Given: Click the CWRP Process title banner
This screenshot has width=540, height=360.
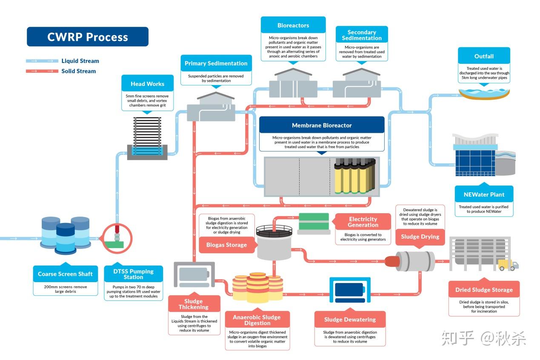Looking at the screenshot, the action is pyautogui.click(x=88, y=37).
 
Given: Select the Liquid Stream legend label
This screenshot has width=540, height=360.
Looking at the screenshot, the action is pyautogui.click(x=80, y=61).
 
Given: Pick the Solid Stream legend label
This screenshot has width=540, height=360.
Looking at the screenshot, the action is pyautogui.click(x=79, y=71).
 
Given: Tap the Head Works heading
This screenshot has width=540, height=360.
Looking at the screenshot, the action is pyautogui.click(x=148, y=84).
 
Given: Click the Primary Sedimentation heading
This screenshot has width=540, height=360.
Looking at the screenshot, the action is pyautogui.click(x=216, y=63).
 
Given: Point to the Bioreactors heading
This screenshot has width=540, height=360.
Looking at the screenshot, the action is pyautogui.click(x=293, y=25).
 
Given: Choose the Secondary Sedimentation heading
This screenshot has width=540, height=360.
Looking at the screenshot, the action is pyautogui.click(x=362, y=35).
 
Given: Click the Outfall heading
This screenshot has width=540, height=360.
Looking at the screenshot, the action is pyautogui.click(x=484, y=56).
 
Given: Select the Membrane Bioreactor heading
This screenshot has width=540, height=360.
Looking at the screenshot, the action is pyautogui.click(x=322, y=126).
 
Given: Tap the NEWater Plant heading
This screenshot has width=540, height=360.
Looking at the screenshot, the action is pyautogui.click(x=484, y=194).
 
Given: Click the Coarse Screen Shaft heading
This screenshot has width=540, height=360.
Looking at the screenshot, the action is pyautogui.click(x=66, y=274).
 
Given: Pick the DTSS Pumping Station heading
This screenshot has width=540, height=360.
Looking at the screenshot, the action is pyautogui.click(x=133, y=274).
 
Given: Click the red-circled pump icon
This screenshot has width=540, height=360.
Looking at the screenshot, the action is pyautogui.click(x=117, y=238).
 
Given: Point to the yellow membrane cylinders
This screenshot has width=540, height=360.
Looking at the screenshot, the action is pyautogui.click(x=355, y=176).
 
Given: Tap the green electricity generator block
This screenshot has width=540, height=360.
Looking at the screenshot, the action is pyautogui.click(x=314, y=221).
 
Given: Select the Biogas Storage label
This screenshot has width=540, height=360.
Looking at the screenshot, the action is pyautogui.click(x=227, y=245).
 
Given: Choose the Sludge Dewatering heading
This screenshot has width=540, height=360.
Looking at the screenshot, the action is pyautogui.click(x=350, y=320).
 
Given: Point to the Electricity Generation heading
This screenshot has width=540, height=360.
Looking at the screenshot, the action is pyautogui.click(x=363, y=222).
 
